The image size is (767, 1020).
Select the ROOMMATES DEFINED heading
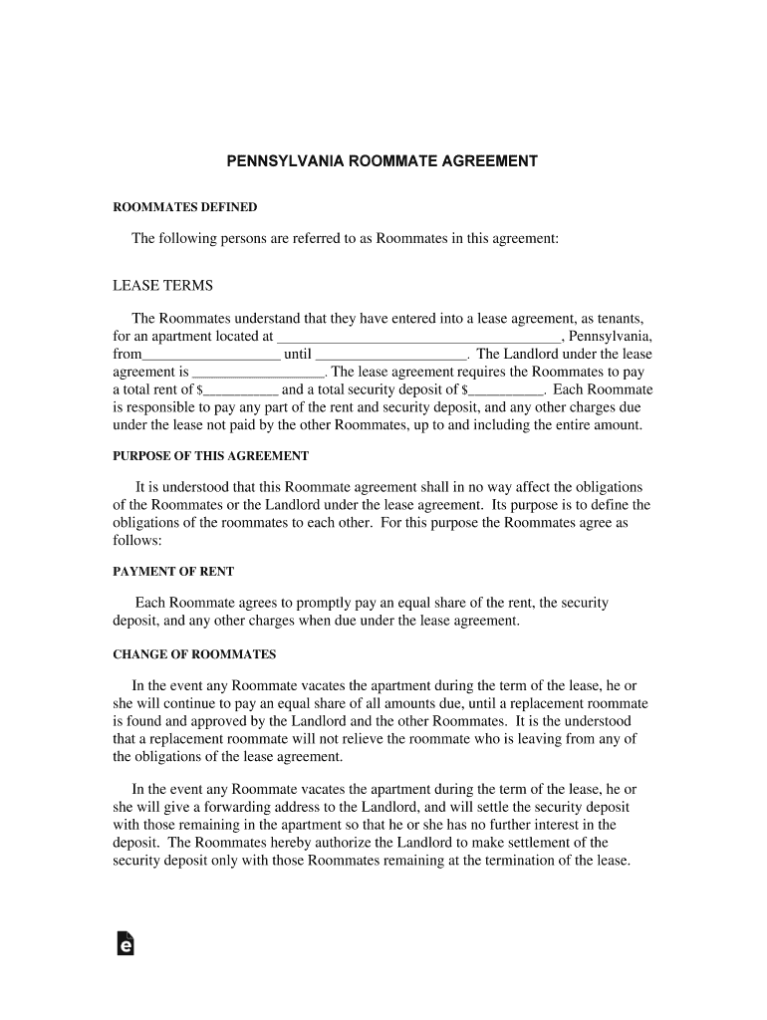point(185,207)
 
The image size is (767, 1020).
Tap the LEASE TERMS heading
point(162,286)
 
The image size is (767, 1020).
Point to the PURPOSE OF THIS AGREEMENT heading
point(210,456)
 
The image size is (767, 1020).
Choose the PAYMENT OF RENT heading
point(173,572)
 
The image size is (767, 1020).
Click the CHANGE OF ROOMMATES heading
point(194,654)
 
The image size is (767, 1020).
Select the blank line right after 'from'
point(211,355)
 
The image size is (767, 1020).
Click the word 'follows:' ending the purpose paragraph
point(137,540)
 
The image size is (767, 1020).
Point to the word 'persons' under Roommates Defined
point(238,239)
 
